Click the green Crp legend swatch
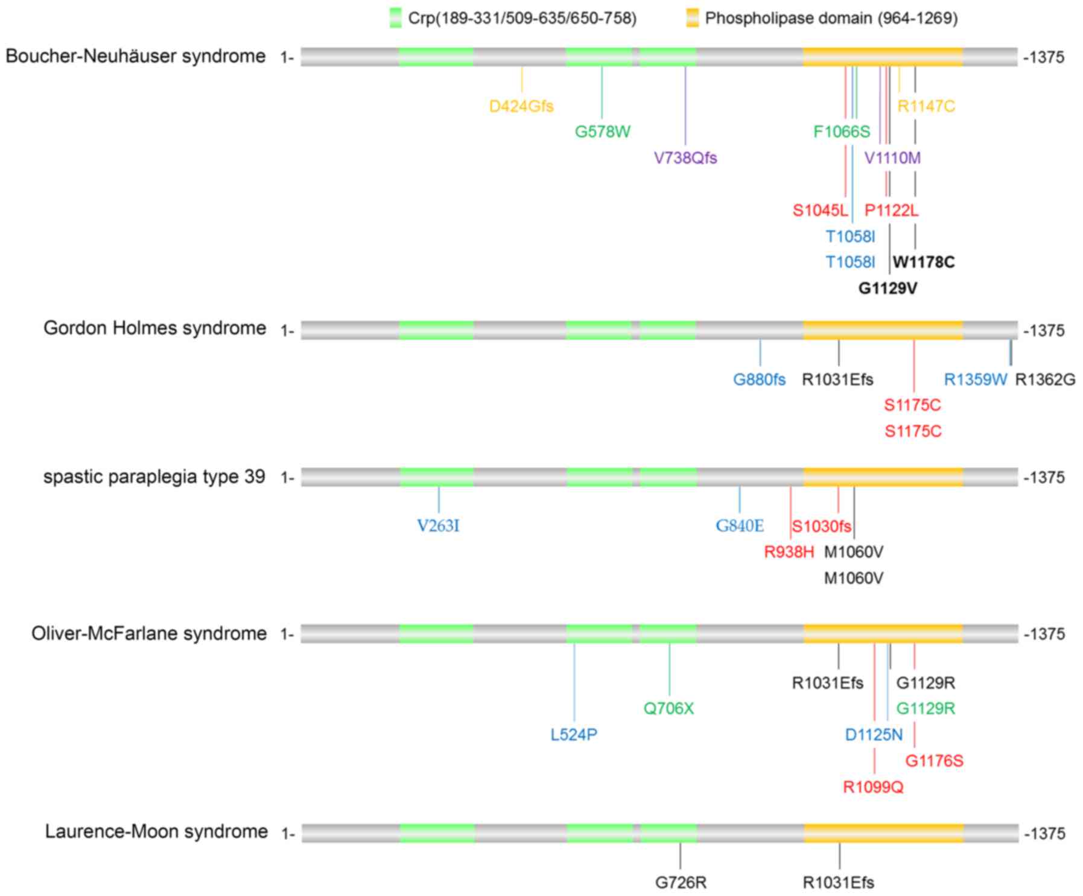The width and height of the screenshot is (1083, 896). coord(395,17)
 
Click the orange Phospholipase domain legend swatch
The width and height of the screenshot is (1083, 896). coord(692,17)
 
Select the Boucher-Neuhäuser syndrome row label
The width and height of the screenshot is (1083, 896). coord(136,56)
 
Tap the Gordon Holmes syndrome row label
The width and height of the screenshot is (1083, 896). coord(154,328)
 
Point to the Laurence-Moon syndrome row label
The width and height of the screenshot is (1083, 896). coord(156,831)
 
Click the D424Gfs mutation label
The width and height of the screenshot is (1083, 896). coord(521,106)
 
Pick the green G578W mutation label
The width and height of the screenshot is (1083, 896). coord(602,132)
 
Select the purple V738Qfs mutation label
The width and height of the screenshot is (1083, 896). coord(685,158)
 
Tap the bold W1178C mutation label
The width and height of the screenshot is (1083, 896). coord(924,262)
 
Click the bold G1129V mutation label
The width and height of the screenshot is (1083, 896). coord(888,288)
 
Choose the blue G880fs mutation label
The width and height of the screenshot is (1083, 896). coord(759,380)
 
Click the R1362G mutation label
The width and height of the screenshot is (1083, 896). coord(1045,380)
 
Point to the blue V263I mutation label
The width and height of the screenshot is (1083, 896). coord(438,526)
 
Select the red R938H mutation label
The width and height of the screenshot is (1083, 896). coord(789,552)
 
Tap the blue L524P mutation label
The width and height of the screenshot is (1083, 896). coord(574,735)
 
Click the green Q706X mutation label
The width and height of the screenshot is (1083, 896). coord(669,708)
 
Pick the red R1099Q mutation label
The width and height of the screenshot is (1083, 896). coord(873,787)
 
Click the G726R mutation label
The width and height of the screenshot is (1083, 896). coord(681,883)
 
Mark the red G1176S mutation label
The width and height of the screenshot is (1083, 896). coord(934,761)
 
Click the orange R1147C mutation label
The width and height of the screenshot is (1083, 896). coord(926,106)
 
